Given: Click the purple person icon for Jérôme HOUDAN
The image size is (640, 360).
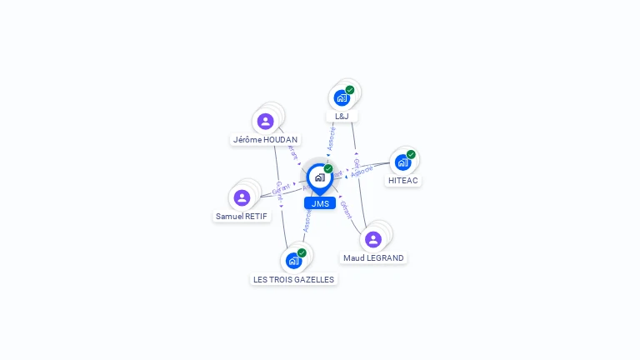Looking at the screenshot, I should (x=265, y=122).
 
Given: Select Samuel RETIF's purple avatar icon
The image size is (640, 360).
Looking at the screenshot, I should (x=242, y=197).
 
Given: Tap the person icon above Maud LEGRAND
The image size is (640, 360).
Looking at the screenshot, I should (x=372, y=239).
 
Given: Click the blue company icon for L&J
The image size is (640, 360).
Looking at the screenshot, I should (x=342, y=97).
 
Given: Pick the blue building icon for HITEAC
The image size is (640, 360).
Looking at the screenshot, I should (x=403, y=162).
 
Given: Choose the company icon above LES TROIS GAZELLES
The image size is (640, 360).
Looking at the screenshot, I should (x=293, y=261).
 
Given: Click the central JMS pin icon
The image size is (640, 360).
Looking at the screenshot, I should (x=319, y=177).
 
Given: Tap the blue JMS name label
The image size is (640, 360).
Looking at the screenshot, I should (x=320, y=203).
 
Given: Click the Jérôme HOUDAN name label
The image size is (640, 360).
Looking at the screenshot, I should (x=265, y=140).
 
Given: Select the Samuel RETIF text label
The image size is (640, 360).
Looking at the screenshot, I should (x=242, y=216).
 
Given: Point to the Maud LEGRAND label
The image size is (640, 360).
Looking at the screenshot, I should (x=373, y=258).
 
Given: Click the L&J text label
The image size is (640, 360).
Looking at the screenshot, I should (x=342, y=116).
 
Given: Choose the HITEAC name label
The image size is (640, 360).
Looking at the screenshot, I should (x=403, y=180).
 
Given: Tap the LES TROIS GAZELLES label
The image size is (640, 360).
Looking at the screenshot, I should (x=293, y=280).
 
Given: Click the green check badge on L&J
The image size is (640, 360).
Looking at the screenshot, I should (x=350, y=90).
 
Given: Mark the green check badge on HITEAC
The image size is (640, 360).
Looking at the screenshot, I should (x=411, y=154).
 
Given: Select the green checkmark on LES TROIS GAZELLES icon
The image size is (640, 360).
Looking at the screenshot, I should (x=302, y=252).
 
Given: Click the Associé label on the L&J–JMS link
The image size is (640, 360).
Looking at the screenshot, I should (x=332, y=138).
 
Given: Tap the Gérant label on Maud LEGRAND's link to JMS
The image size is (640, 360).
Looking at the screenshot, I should (x=345, y=210).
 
